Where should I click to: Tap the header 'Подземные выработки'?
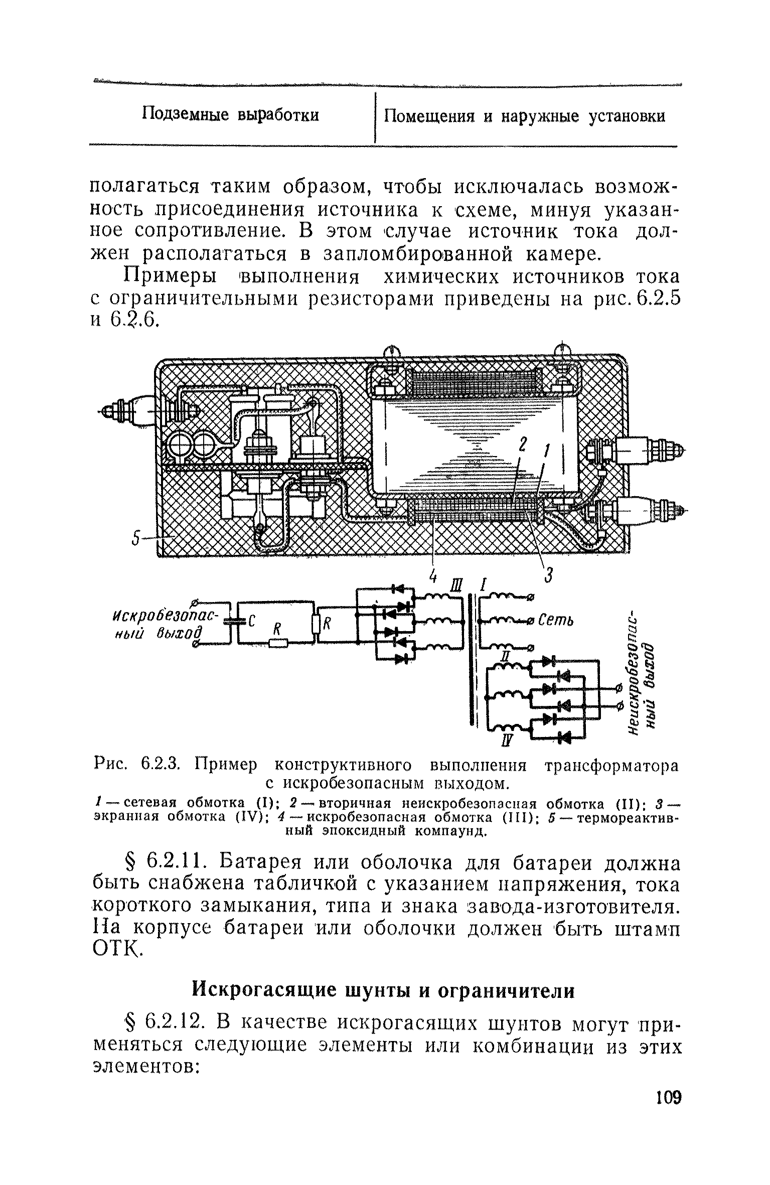[230, 115]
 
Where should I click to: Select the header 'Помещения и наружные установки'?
[524, 116]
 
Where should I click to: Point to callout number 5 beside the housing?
[134, 540]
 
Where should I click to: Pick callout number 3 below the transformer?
[548, 577]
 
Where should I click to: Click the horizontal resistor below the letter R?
[277, 643]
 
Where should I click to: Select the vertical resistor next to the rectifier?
[316, 625]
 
